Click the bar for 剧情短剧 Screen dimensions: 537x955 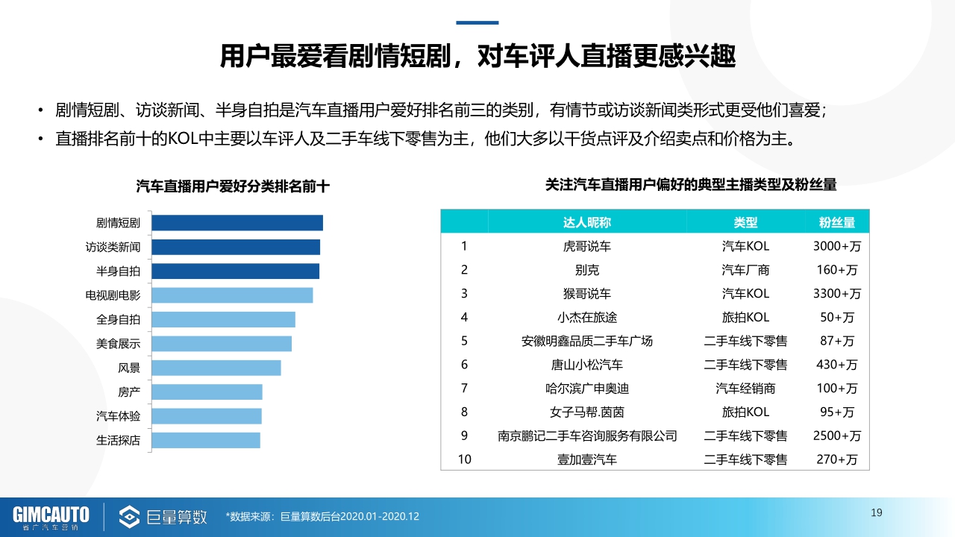tap(237, 223)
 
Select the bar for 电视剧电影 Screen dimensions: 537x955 tap(231, 295)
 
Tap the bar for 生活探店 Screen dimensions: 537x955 tap(205, 440)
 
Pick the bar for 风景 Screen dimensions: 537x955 tap(216, 368)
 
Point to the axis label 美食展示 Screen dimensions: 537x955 tap(118, 344)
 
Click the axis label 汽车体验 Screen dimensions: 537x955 tap(118, 416)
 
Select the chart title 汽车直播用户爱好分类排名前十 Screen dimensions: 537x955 tap(232, 186)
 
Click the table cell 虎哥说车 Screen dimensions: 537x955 tap(586, 246)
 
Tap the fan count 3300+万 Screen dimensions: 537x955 tap(836, 294)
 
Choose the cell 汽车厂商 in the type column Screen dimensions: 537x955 tap(745, 270)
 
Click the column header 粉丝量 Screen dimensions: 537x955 tap(836, 222)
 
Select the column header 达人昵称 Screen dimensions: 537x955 tap(586, 222)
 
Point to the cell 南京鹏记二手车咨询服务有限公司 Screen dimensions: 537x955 tap(586, 436)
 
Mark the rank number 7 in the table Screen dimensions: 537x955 tap(464, 388)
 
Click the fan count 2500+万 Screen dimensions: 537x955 tap(836, 436)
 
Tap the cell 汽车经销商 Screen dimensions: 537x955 tap(745, 388)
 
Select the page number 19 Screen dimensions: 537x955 tap(877, 512)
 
